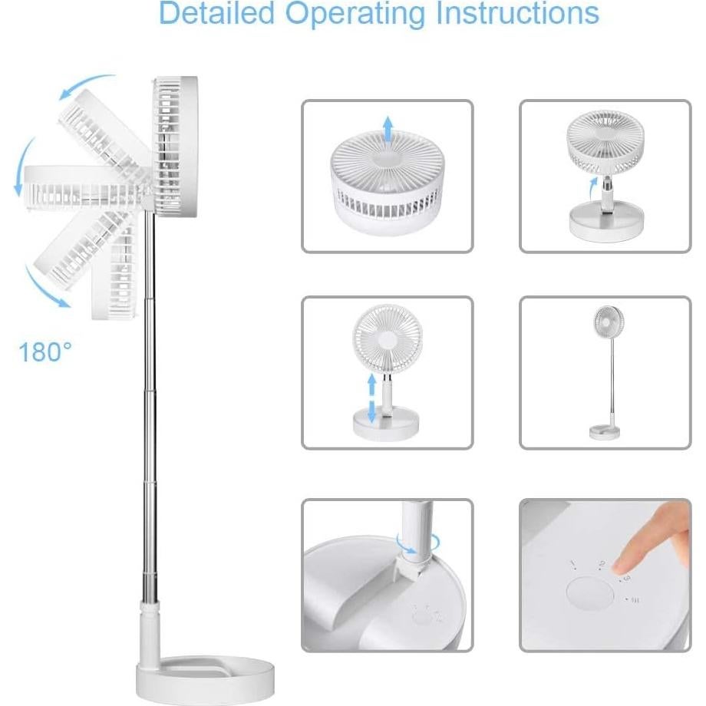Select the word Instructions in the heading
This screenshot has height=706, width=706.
[x=522, y=14]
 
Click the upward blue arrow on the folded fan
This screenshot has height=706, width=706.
[x=388, y=131]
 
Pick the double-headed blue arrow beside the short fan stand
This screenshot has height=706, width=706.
[x=372, y=398]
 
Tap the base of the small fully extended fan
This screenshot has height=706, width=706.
[x=605, y=432]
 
